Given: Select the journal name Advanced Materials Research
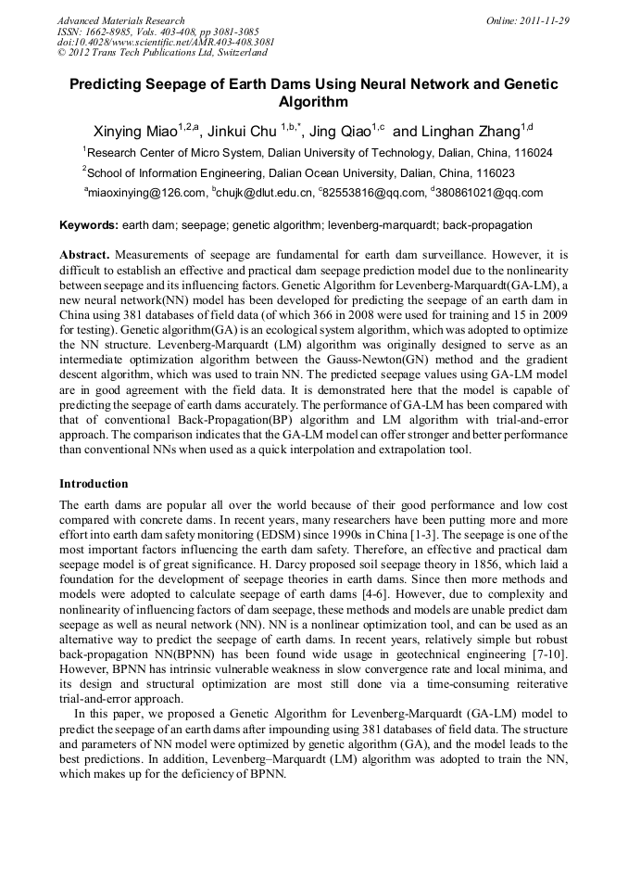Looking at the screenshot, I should [x=120, y=20].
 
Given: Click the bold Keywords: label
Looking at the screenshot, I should [x=89, y=225].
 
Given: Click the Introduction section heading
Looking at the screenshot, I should [x=94, y=483].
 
